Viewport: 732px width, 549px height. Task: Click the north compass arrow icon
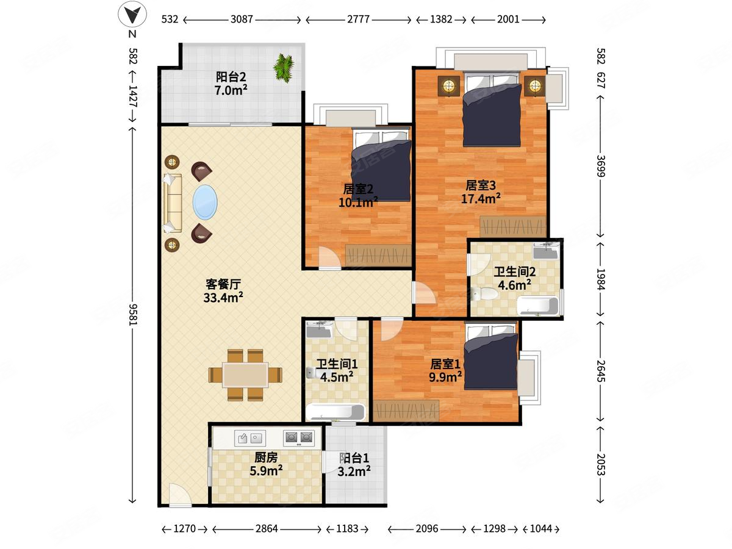(x=132, y=15)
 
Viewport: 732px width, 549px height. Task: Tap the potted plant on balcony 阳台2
(x=284, y=68)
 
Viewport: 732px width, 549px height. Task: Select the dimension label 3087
(x=242, y=20)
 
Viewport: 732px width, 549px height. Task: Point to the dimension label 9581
(x=133, y=314)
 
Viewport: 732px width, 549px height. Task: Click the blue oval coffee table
(x=205, y=203)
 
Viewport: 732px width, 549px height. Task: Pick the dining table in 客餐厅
(x=245, y=375)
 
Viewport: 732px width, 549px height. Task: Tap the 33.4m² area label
(x=223, y=297)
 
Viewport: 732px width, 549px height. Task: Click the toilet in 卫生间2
(x=484, y=293)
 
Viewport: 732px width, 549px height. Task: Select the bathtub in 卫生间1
(x=336, y=412)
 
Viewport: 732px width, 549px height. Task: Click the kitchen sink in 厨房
(x=250, y=438)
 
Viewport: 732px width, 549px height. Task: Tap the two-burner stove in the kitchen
(x=299, y=438)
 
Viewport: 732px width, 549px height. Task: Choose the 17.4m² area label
(x=481, y=199)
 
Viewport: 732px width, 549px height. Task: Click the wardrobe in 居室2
(x=378, y=256)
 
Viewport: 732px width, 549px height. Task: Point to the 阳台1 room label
(x=354, y=458)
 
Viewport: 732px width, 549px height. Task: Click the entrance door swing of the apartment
(x=180, y=495)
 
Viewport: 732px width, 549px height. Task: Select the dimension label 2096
(x=427, y=529)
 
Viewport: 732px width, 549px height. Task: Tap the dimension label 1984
(x=601, y=279)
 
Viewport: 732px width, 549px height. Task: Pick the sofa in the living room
(x=173, y=203)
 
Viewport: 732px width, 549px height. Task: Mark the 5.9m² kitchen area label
(x=266, y=470)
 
